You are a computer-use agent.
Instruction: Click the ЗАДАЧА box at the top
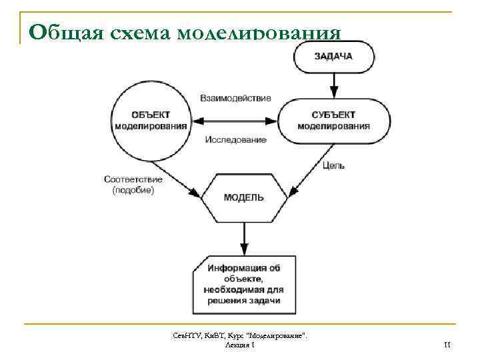click(x=333, y=56)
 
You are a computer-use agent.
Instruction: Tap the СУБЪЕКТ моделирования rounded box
click(x=333, y=121)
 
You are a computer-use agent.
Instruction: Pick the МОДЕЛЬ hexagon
click(x=244, y=198)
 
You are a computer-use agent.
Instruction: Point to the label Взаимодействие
click(x=235, y=98)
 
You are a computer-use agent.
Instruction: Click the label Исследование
click(x=235, y=140)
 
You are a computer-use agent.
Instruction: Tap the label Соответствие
click(x=133, y=179)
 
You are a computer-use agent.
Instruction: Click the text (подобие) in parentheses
click(x=133, y=191)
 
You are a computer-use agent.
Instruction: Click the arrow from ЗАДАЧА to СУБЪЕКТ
click(x=333, y=83)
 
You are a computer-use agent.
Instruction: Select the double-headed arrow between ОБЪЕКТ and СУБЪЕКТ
click(x=234, y=121)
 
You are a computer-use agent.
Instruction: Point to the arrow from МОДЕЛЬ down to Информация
click(x=244, y=237)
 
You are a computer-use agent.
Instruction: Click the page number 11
click(x=447, y=344)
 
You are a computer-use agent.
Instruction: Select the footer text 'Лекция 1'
click(x=239, y=344)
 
